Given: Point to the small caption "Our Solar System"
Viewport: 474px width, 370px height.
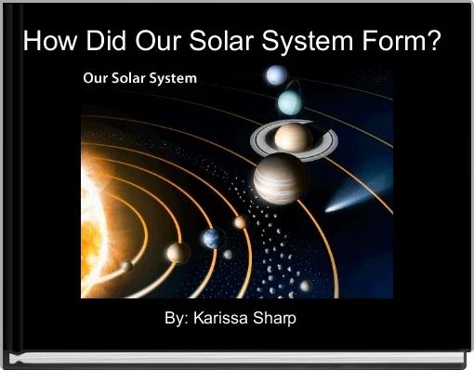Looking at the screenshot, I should [x=139, y=79].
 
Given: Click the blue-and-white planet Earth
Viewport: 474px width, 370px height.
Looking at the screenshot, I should [x=212, y=239].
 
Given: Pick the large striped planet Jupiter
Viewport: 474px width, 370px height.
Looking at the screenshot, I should [x=281, y=178].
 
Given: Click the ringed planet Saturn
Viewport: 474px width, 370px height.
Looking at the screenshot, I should [x=292, y=139].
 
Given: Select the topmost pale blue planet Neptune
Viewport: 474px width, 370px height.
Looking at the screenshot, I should [x=275, y=76].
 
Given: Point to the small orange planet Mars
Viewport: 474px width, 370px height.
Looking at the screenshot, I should [x=240, y=222].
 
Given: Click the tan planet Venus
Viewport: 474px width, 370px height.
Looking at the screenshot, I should [x=178, y=252].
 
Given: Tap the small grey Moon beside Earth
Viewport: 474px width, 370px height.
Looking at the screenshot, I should [x=227, y=254].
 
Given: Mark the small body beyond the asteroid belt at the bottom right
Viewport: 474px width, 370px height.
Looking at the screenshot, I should [x=305, y=285].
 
